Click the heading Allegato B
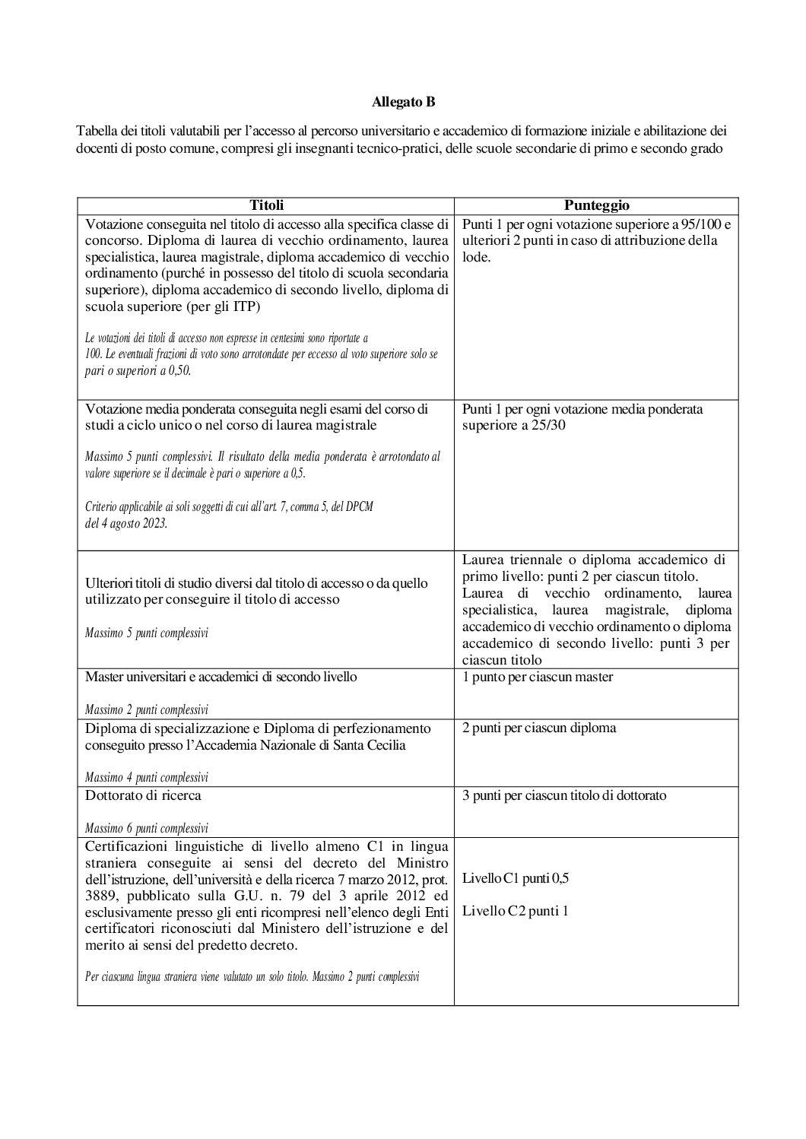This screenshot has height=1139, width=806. tap(403, 101)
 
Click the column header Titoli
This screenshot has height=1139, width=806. tap(265, 205)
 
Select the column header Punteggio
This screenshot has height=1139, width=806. tap(596, 205)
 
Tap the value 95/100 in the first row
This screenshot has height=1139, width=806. tap(700, 224)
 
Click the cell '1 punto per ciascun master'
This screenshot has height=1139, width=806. tap(537, 677)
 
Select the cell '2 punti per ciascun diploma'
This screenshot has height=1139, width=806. tap(538, 728)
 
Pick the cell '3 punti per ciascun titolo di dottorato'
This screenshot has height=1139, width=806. tap(563, 795)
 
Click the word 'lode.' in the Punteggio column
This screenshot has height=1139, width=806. tap(476, 257)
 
